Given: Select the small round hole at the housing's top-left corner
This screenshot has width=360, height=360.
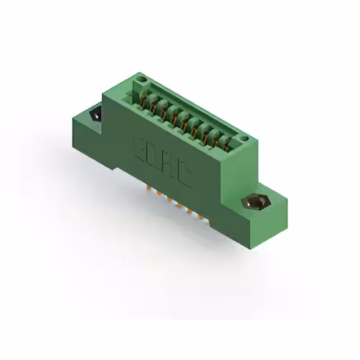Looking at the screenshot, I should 142,79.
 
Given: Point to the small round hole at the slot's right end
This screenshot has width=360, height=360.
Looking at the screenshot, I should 244,138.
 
